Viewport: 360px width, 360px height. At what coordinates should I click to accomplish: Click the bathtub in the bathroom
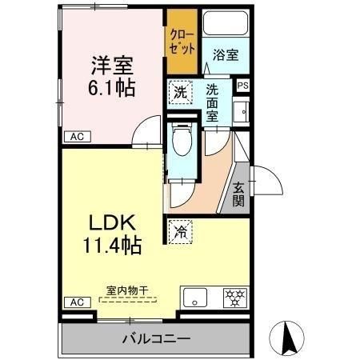tap(226, 23)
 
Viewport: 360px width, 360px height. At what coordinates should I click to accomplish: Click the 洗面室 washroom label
tap(213, 102)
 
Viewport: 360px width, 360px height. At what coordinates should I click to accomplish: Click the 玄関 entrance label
tap(238, 194)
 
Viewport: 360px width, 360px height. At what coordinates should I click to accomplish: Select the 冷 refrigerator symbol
tap(181, 233)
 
